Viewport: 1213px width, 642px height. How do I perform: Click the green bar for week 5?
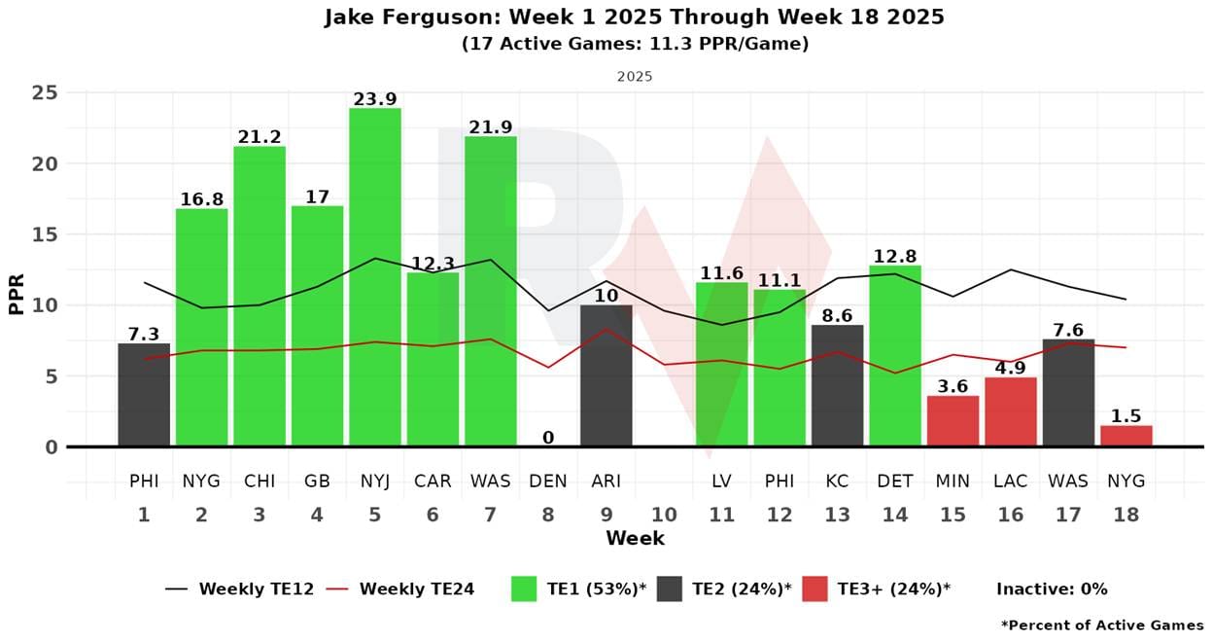click(375, 277)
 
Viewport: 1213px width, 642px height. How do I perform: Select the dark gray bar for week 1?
click(144, 394)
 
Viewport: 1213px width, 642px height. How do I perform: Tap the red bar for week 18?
click(1126, 436)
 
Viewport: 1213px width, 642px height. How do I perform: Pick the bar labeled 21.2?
click(260, 297)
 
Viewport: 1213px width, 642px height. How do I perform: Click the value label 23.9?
click(375, 99)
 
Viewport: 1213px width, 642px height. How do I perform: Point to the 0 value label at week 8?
click(548, 437)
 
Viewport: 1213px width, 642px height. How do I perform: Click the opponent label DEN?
click(548, 481)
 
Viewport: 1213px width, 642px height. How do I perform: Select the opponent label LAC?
click(1011, 481)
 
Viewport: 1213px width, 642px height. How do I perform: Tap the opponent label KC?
click(837, 481)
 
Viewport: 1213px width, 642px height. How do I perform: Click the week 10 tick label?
click(664, 515)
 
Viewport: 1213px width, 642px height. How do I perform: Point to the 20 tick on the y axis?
click(45, 163)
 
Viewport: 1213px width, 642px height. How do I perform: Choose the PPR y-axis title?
click(17, 294)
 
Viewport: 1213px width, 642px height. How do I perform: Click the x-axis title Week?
click(636, 539)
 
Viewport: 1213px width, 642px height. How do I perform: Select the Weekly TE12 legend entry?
click(239, 588)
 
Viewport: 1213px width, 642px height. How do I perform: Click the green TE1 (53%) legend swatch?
click(524, 588)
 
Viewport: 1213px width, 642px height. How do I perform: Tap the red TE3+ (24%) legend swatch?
click(814, 588)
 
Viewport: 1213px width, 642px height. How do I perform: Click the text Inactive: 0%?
click(1053, 588)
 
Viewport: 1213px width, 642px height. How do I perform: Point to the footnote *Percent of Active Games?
click(1102, 625)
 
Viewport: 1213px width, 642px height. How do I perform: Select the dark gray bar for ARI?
click(606, 375)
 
